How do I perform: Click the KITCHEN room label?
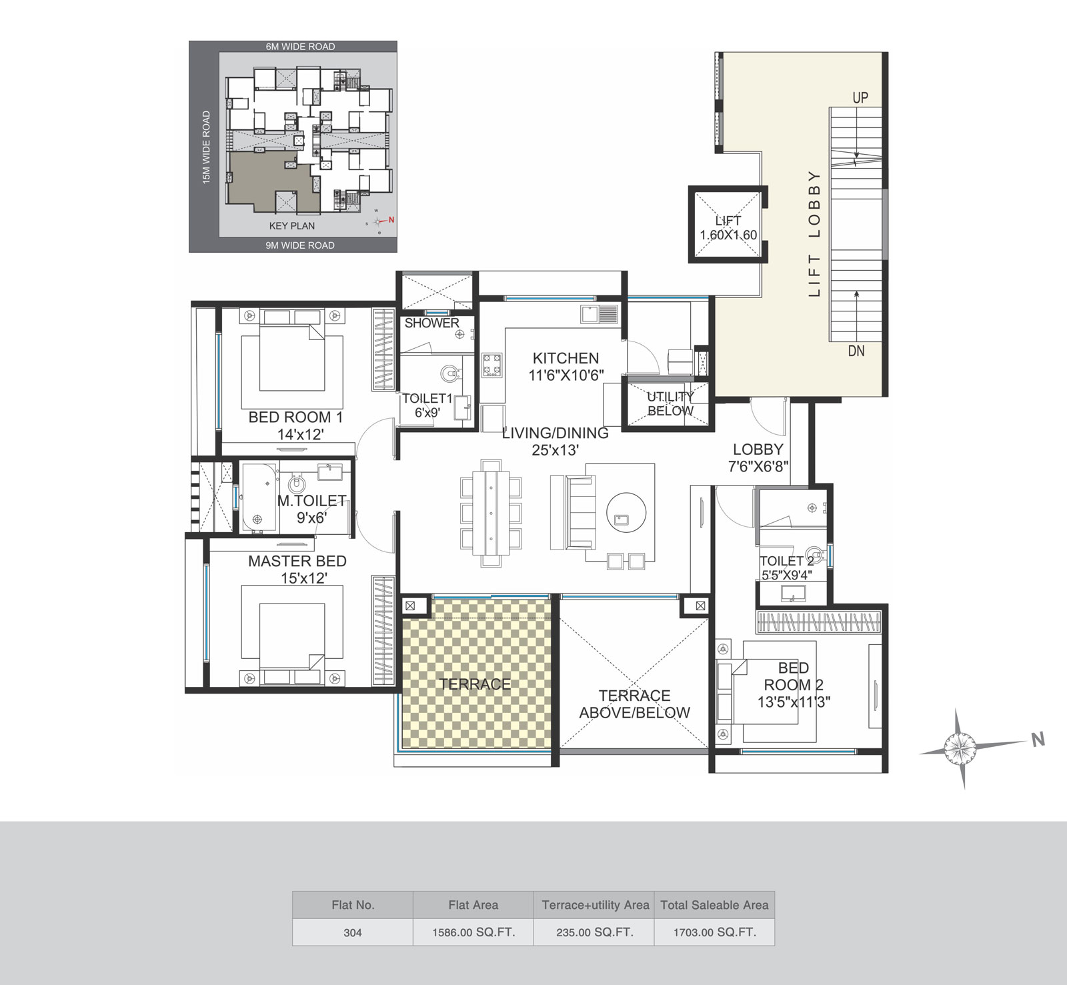tap(566, 358)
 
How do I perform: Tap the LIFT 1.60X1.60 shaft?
tap(728, 224)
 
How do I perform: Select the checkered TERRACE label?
tap(475, 684)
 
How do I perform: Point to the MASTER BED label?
tap(297, 561)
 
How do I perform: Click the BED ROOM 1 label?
tap(295, 417)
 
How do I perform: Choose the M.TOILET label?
tap(311, 501)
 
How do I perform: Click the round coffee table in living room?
tap(626, 512)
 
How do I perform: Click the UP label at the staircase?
tap(860, 97)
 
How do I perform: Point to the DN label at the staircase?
tap(856, 351)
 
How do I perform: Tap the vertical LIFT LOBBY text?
tap(814, 233)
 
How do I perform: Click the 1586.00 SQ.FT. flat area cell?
tap(473, 932)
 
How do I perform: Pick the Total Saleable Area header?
tap(714, 905)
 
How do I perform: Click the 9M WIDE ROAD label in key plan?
tap(300, 245)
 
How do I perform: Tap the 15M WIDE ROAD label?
tap(206, 147)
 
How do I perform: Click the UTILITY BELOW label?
tap(670, 403)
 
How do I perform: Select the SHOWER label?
tap(432, 323)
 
